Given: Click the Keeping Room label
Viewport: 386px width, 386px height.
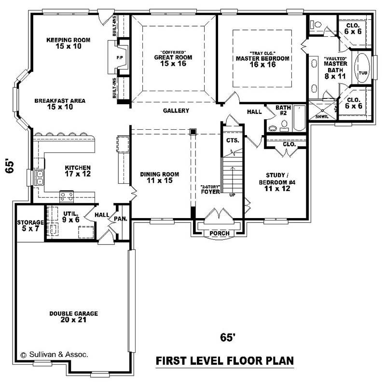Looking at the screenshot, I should coord(68,43).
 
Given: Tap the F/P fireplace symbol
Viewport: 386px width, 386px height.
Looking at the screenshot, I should coord(119,57).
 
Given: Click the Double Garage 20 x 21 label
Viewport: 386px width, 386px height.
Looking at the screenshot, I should coord(73,317).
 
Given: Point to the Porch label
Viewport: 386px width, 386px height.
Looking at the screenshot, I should coord(220,234).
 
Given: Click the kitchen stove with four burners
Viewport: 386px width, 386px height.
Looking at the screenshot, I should coord(67,196).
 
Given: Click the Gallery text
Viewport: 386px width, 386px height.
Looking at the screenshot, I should coord(176,110).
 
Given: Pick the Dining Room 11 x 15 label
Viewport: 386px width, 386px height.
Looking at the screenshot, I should coord(160,178).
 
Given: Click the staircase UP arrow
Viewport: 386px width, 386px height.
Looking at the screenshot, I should coord(233,181).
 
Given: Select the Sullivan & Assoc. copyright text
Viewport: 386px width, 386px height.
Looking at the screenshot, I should coord(54,354).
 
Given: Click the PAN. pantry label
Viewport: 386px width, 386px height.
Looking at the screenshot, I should coord(120,219).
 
